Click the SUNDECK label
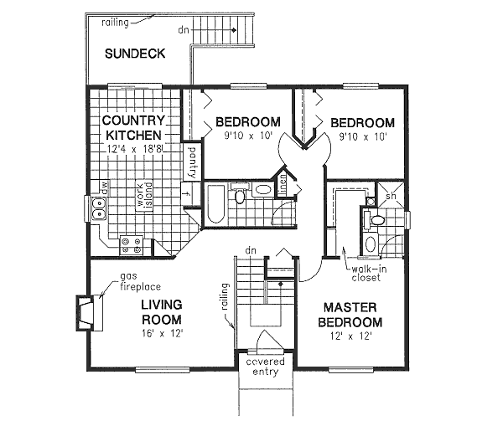(x=134, y=54)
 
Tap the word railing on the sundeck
(x=114, y=23)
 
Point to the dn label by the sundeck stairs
(x=183, y=30)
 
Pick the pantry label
(x=192, y=161)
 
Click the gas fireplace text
(x=137, y=280)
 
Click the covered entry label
(x=266, y=366)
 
